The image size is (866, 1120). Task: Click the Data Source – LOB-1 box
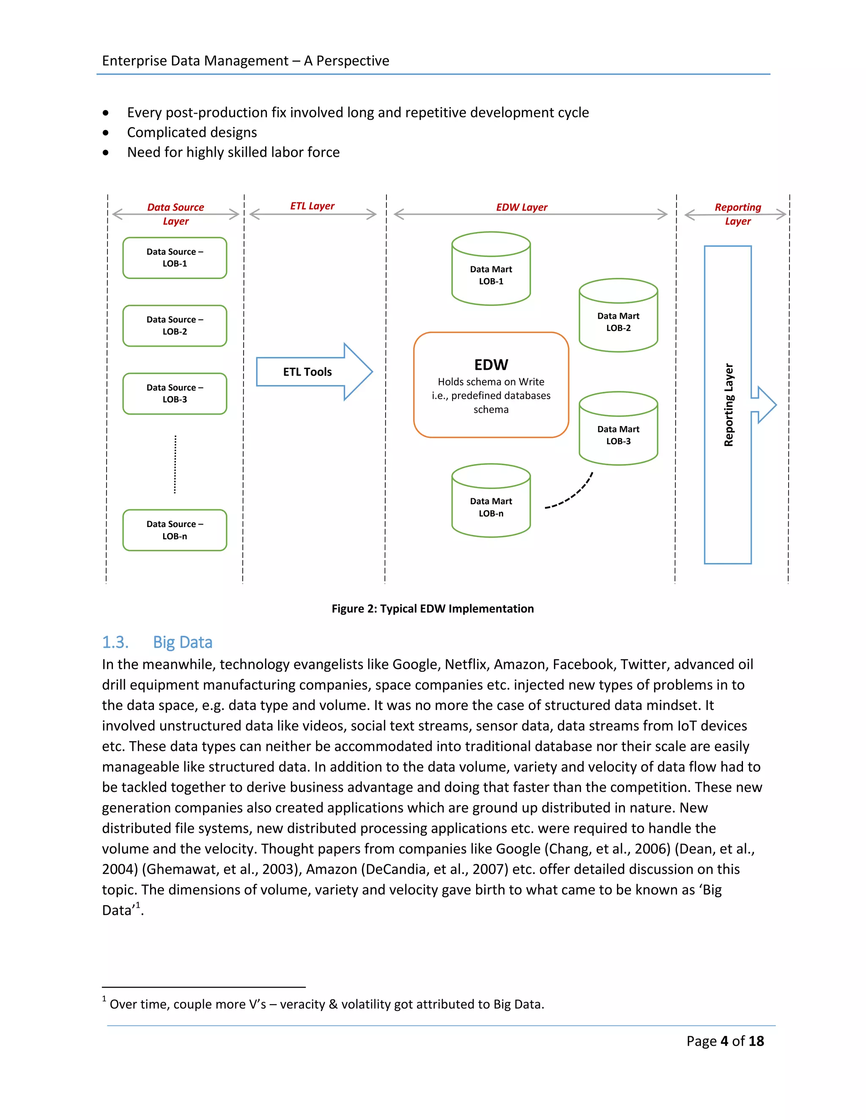click(175, 258)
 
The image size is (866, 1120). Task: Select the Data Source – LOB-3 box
click(175, 393)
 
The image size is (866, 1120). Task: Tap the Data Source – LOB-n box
click(175, 530)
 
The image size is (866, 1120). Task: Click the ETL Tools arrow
click(308, 372)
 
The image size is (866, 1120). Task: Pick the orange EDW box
click(491, 385)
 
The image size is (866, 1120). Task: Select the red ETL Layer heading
click(312, 206)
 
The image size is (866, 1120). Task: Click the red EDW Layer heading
click(521, 207)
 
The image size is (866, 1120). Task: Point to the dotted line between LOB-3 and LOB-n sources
click(175, 464)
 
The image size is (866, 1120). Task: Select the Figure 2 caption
click(433, 609)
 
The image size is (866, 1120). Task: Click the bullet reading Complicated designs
click(192, 132)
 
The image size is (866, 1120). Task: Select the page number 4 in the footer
click(724, 1041)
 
